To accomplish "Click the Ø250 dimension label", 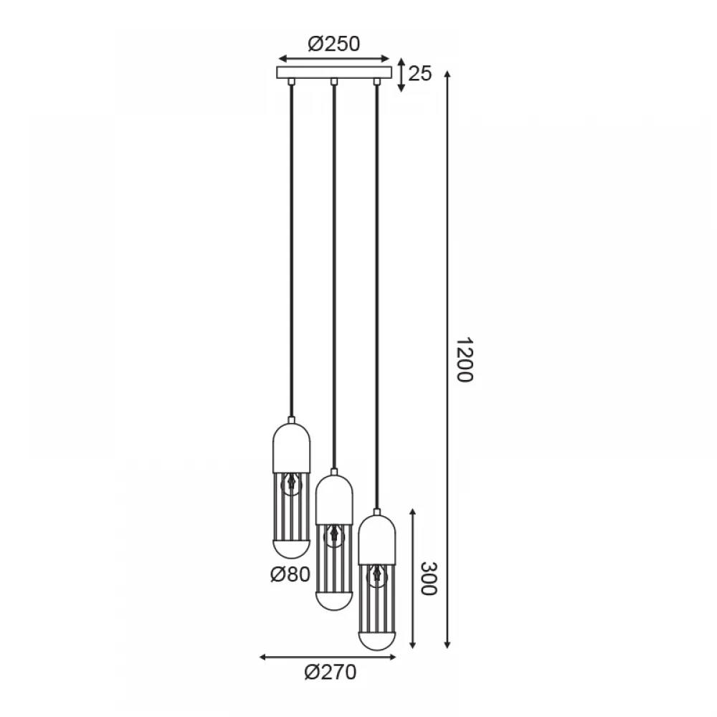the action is click(x=334, y=44).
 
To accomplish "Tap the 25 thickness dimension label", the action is click(x=419, y=73).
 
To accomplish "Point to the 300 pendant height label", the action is click(x=429, y=579).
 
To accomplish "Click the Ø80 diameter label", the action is click(x=290, y=574).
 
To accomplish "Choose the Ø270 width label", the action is click(x=330, y=673).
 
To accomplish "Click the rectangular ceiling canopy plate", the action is click(x=334, y=72).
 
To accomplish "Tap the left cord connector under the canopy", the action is click(x=291, y=82).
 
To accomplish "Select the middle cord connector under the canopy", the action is click(x=334, y=82).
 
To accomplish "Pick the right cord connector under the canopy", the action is click(x=377, y=82).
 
